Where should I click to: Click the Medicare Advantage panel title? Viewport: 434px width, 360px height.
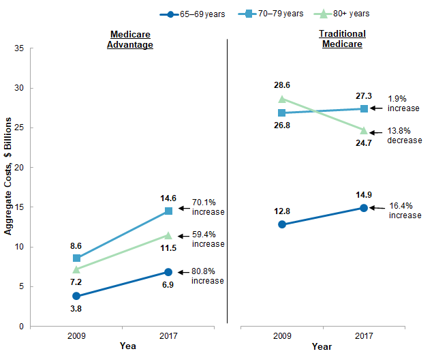pyautogui.click(x=130, y=39)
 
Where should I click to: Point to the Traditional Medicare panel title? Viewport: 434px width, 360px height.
pyautogui.click(x=342, y=39)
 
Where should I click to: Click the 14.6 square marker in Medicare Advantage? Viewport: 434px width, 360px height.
pyautogui.click(x=168, y=211)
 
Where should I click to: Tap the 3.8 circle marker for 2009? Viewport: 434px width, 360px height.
pyautogui.click(x=76, y=296)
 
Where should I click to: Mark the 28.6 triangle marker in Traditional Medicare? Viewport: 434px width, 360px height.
pyautogui.click(x=282, y=99)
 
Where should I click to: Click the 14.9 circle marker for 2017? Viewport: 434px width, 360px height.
pyautogui.click(x=364, y=208)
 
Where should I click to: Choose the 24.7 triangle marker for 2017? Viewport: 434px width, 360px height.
pyautogui.click(x=364, y=130)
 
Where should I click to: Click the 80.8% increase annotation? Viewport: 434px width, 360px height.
pyautogui.click(x=208, y=276)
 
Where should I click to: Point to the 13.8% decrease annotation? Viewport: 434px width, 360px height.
pyautogui.click(x=405, y=135)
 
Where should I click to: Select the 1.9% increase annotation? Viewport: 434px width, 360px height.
pyautogui.click(x=403, y=103)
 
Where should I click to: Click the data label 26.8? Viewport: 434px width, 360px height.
pyautogui.click(x=281, y=125)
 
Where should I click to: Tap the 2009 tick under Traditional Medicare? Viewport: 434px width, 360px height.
pyautogui.click(x=282, y=335)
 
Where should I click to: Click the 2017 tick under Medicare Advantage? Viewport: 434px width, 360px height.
pyautogui.click(x=168, y=335)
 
